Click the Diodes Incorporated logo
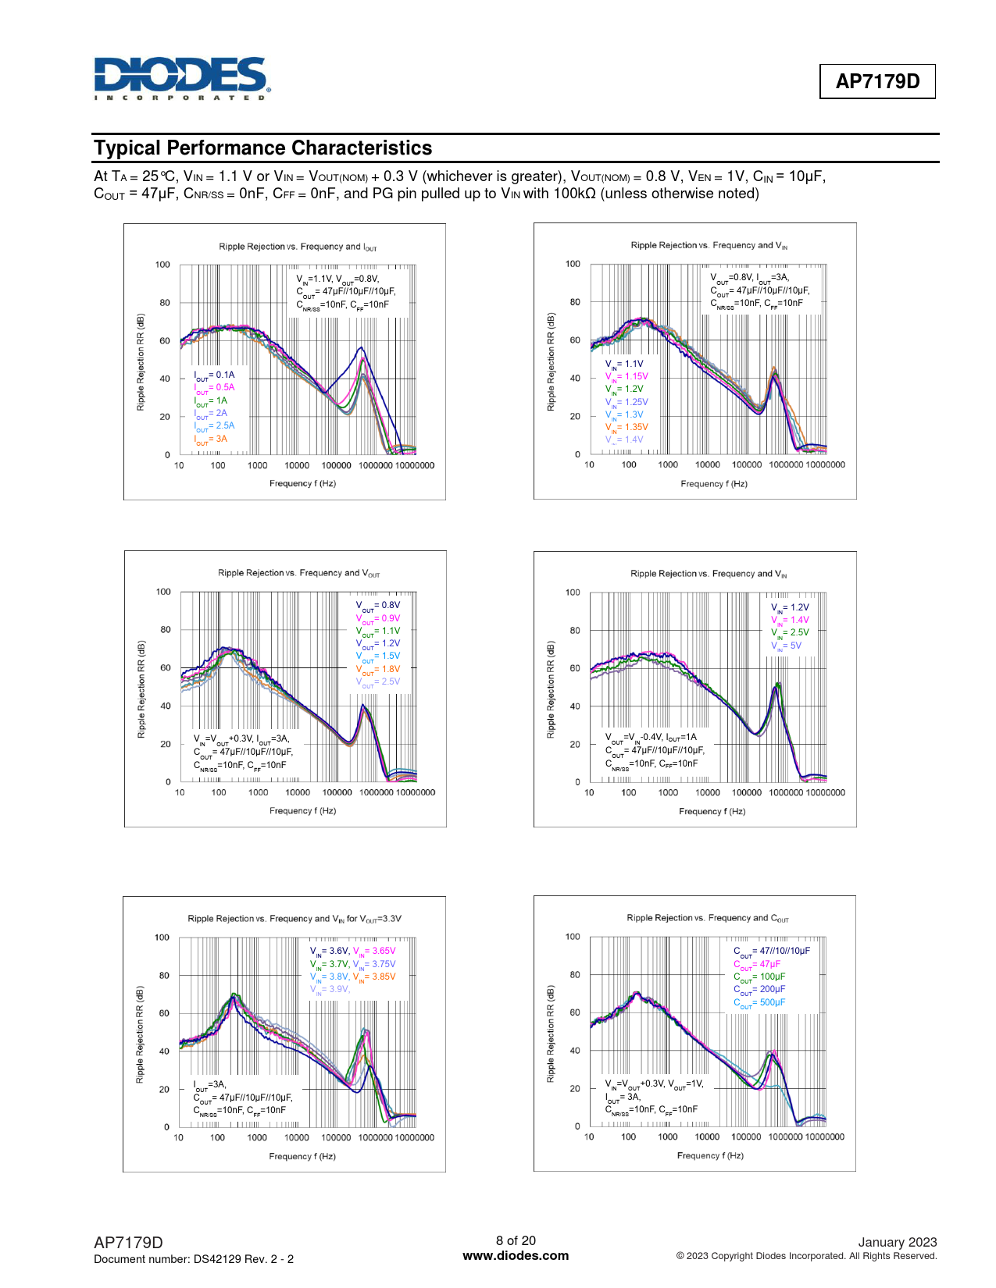[x=181, y=78]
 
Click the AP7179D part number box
[x=877, y=81]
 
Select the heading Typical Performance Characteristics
[x=262, y=148]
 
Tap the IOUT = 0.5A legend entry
[x=214, y=388]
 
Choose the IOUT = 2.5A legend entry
[x=214, y=426]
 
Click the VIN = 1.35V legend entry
[x=627, y=428]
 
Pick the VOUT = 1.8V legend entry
[x=378, y=669]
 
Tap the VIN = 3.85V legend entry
[x=374, y=977]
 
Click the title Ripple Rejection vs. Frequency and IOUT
[x=298, y=247]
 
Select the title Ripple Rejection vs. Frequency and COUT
[x=707, y=918]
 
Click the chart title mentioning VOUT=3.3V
[x=295, y=919]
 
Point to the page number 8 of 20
[x=516, y=1240]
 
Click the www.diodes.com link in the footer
[x=516, y=1256]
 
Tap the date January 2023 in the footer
[x=897, y=1242]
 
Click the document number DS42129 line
[x=194, y=1259]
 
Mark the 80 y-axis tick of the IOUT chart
[x=165, y=303]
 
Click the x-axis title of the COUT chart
[x=710, y=1155]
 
